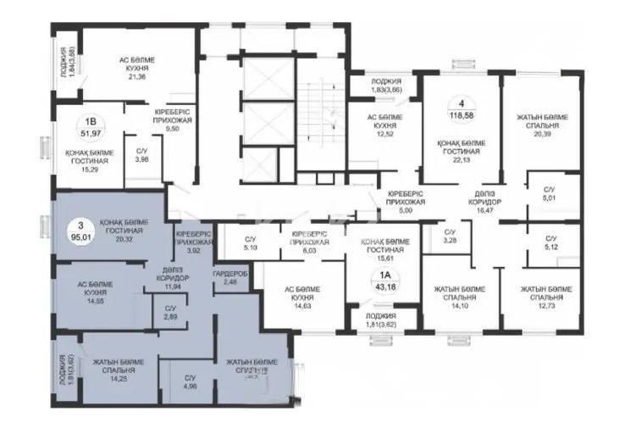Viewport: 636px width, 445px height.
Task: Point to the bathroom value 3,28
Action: coord(449,241)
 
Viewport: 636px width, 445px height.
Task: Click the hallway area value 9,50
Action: coord(176,131)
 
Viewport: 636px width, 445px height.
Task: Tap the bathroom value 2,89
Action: coord(171,316)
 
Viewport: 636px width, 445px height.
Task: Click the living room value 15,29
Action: coord(88,170)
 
